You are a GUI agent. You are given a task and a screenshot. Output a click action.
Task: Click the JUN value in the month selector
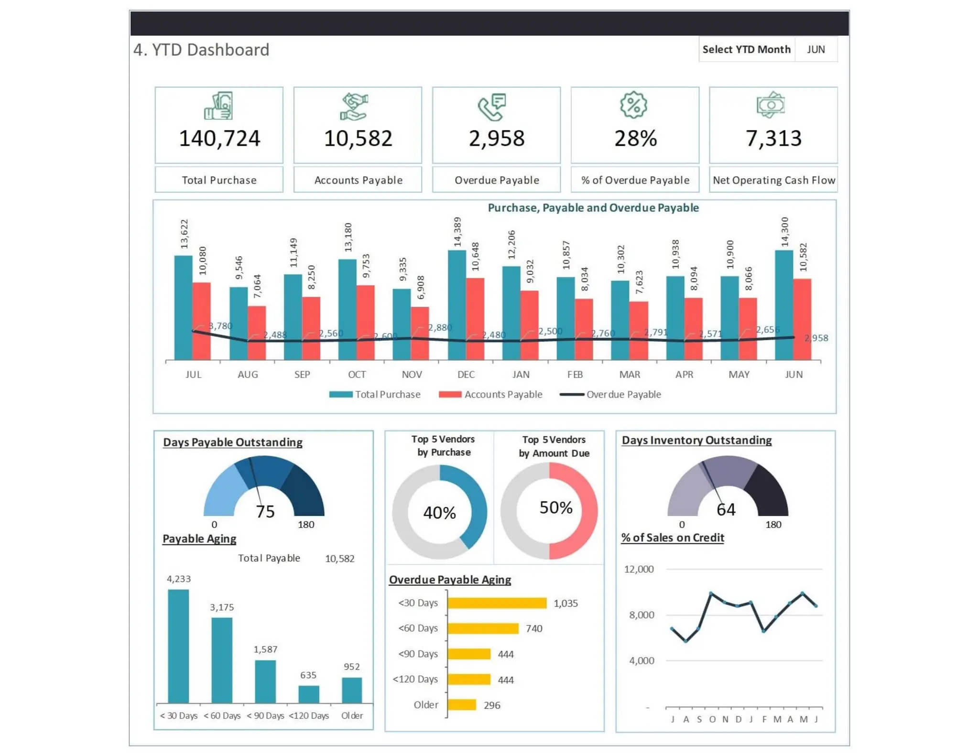[816, 50]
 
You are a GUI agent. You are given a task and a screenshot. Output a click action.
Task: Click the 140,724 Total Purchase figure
[219, 139]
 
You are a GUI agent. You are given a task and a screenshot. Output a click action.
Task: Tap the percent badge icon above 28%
[633, 105]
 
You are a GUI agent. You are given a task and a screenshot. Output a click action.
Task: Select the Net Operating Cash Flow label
[773, 180]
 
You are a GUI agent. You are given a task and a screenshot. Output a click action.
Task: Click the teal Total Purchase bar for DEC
[457, 306]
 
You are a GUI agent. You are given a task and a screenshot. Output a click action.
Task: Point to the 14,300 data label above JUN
[784, 232]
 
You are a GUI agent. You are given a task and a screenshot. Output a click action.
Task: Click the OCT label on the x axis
[357, 374]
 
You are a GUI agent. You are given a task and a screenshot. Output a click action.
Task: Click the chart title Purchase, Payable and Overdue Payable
[593, 208]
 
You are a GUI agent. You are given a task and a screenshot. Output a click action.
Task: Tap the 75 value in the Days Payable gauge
[265, 512]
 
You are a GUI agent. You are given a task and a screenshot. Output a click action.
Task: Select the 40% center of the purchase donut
[439, 513]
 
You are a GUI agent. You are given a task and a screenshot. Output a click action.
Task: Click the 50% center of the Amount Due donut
[555, 508]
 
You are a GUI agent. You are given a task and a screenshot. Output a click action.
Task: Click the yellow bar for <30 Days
[497, 603]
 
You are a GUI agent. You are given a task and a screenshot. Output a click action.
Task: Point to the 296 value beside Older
[492, 705]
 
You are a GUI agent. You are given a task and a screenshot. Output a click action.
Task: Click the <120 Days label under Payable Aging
[309, 716]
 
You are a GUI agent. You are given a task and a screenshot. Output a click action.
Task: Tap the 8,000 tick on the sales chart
[641, 615]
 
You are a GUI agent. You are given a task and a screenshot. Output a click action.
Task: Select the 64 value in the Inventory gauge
[726, 510]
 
